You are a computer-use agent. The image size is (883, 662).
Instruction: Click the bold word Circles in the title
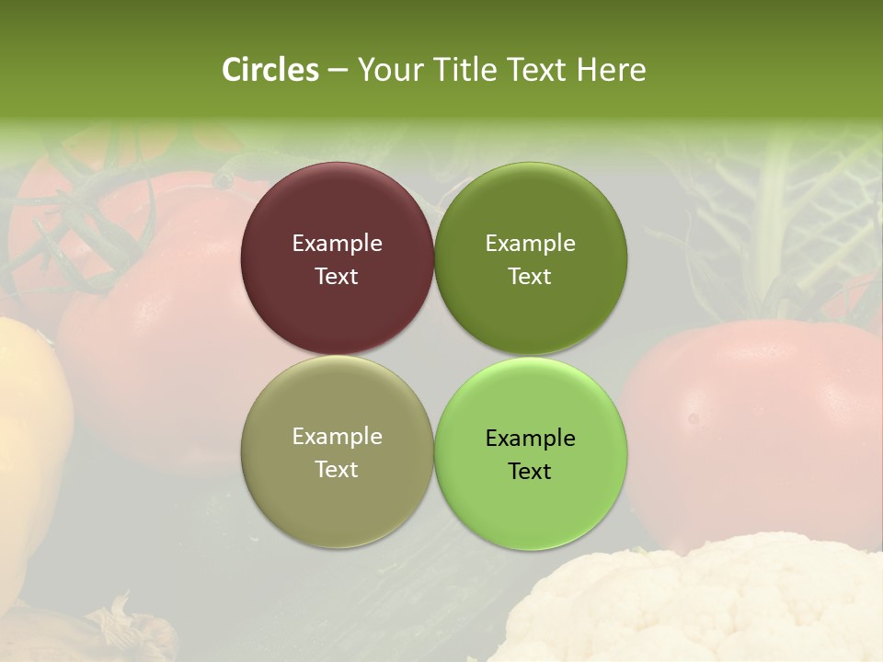point(269,70)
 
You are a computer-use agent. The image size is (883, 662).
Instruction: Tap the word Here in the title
point(611,70)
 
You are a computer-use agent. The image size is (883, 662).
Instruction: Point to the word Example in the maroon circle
point(337,244)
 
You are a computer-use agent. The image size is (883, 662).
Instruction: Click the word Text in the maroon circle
point(337,277)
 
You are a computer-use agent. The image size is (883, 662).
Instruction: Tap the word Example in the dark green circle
point(530,244)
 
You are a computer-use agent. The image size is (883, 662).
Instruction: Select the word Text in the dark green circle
point(530,277)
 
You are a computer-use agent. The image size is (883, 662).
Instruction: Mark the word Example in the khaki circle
point(337,437)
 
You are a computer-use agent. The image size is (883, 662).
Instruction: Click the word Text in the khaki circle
point(337,470)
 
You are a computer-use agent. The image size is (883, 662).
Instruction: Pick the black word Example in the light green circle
point(530,439)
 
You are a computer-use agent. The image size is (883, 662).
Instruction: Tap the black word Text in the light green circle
point(530,472)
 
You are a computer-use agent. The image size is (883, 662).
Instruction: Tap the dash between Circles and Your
point(338,71)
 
